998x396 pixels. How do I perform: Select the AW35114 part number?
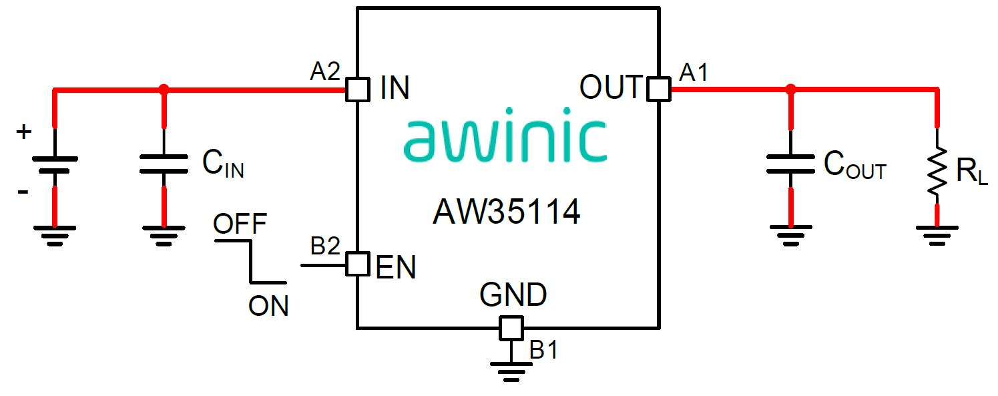click(506, 213)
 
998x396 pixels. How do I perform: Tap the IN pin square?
click(358, 89)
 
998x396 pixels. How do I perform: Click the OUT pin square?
click(659, 89)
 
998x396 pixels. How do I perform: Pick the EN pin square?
click(357, 264)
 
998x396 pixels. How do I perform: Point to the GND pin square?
click(511, 328)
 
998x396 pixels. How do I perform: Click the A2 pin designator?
click(325, 71)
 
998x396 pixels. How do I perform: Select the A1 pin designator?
click(693, 72)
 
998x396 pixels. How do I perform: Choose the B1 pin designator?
click(543, 349)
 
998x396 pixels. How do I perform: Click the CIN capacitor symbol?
click(164, 164)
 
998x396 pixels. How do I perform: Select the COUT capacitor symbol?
click(791, 164)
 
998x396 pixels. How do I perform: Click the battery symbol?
click(54, 164)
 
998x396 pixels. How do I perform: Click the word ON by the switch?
click(268, 306)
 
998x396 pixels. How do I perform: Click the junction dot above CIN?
click(164, 89)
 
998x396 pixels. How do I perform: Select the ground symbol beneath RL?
click(938, 234)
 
